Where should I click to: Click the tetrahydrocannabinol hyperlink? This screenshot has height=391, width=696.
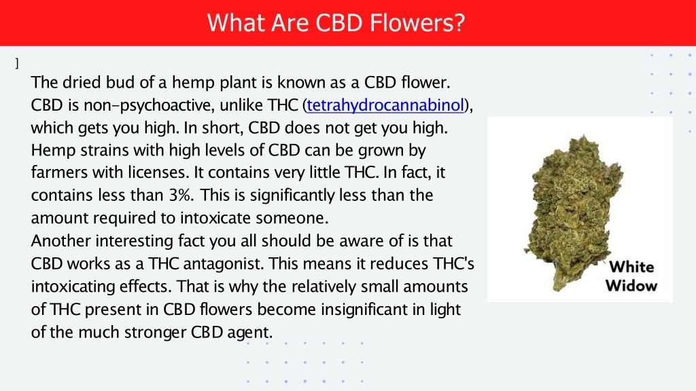pyautogui.click(x=385, y=105)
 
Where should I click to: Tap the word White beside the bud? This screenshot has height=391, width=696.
pyautogui.click(x=631, y=267)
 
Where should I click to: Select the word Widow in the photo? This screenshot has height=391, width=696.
pyautogui.click(x=631, y=286)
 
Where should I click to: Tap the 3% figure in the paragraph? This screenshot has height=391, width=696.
pyautogui.click(x=181, y=195)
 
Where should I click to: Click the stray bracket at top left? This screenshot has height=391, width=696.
pyautogui.click(x=17, y=63)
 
